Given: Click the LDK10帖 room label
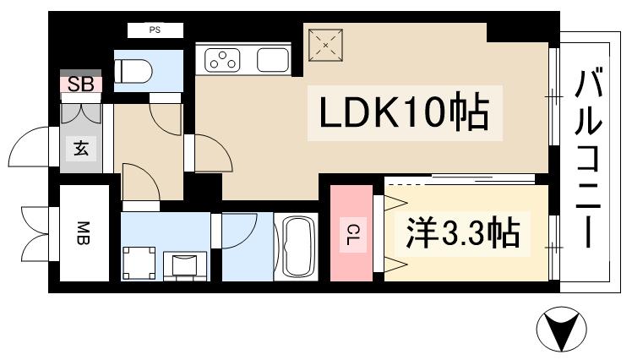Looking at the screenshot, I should (x=403, y=112).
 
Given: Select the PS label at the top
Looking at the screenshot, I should (x=155, y=30).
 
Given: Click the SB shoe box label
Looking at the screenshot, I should (x=80, y=84).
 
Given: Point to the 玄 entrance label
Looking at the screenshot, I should (x=81, y=150).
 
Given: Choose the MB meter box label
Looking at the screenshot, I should (x=84, y=232).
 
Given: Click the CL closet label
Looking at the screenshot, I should (x=350, y=233).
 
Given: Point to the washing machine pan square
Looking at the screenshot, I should (x=139, y=261).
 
